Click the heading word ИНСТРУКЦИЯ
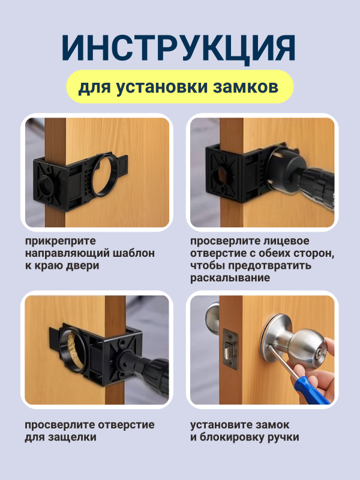click(178, 48)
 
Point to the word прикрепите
click(61, 241)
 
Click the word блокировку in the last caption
click(232, 437)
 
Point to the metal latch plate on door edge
click(230, 349)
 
